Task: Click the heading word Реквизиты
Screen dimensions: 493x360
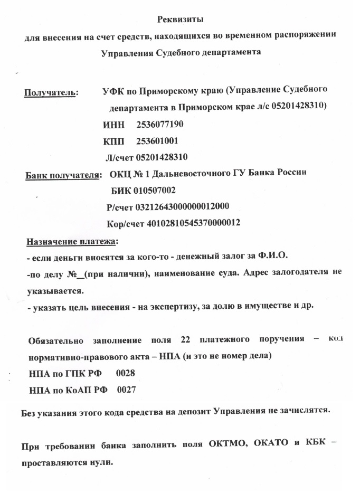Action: [x=181, y=20]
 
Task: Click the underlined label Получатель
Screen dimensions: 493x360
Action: [x=50, y=93]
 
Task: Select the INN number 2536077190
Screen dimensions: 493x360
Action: [x=160, y=125]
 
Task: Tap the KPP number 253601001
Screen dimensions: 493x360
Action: [x=157, y=141]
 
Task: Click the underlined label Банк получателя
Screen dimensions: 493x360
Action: [x=63, y=175]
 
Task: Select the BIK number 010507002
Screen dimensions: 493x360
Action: [x=155, y=190]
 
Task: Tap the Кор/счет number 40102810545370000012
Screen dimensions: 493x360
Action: [x=189, y=223]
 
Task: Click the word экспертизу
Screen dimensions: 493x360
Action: [x=169, y=307]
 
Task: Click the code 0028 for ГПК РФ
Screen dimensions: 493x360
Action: [x=126, y=373]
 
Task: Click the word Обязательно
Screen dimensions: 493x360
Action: [x=55, y=339]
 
